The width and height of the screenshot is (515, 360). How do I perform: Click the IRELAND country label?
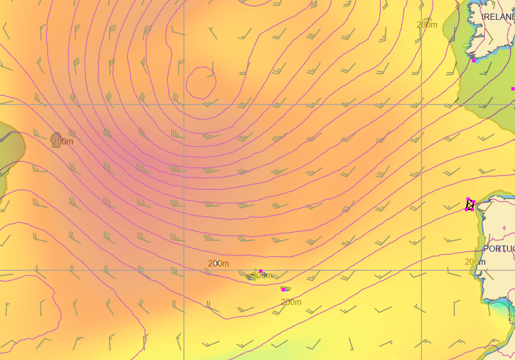[498, 18]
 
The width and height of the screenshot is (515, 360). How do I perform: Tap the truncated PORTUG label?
[499, 249]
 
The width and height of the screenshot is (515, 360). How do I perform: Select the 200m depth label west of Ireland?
[427, 25]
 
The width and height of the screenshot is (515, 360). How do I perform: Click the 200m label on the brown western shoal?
[62, 142]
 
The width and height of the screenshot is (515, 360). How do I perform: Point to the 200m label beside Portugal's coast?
[475, 262]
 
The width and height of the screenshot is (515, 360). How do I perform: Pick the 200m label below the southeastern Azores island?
[291, 302]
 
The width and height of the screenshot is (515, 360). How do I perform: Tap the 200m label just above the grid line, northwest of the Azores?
[218, 264]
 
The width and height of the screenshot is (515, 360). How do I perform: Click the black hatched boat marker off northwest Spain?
[470, 205]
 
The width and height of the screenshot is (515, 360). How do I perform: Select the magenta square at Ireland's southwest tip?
[474, 60]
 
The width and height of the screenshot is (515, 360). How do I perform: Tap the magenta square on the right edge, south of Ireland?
[513, 89]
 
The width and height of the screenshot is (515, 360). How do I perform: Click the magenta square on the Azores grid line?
[261, 271]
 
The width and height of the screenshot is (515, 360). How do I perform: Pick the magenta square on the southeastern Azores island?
[283, 289]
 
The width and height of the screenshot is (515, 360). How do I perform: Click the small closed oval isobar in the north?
[200, 82]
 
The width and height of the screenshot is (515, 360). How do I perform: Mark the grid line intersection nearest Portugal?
[421, 270]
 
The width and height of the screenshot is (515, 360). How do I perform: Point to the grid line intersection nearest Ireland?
[421, 104]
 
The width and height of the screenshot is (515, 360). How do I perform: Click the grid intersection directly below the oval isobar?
[184, 104]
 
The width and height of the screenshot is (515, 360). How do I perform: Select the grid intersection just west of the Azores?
[184, 270]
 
